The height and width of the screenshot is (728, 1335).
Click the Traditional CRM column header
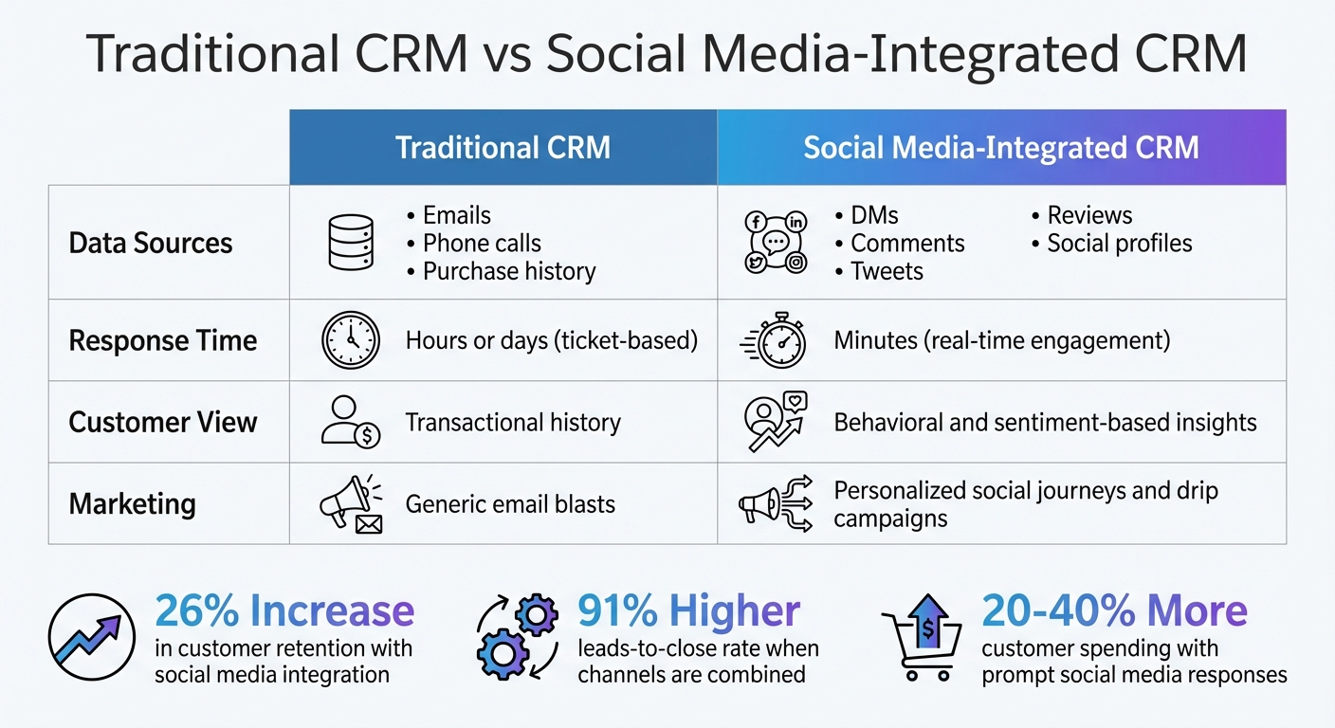coord(503,148)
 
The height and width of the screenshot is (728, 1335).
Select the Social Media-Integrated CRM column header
coord(1001,148)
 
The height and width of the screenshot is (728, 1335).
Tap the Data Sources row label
coord(151,243)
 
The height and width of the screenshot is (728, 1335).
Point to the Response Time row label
coord(163,340)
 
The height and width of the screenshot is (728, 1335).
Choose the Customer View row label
coord(163,422)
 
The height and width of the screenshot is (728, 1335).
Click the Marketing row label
coord(133,503)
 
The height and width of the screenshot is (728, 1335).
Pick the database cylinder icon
coord(349,243)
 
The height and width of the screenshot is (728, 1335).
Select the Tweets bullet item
coord(886,271)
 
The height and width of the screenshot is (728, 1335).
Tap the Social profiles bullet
coord(1119,243)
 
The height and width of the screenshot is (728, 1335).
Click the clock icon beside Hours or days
coord(350,340)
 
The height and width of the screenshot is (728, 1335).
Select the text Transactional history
coord(513,422)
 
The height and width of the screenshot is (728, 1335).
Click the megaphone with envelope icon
coord(350,503)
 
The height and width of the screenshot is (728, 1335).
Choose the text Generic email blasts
coord(510,503)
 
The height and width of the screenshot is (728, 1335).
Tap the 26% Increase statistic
coord(284,611)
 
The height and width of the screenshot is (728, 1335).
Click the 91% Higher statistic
coord(688,611)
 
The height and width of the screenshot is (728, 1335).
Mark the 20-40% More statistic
coord(1114,611)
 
